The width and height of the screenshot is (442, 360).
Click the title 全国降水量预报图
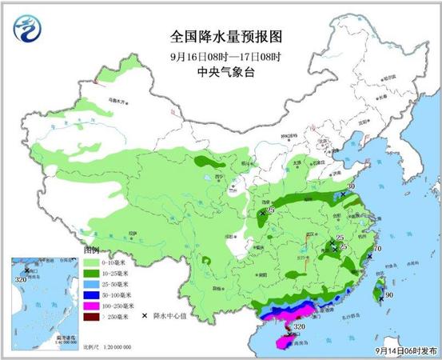[226, 37]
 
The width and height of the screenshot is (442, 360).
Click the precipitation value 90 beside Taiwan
[389, 295]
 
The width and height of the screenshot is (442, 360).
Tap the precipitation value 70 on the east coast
[377, 250]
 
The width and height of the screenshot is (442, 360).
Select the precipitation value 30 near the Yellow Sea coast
[350, 187]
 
